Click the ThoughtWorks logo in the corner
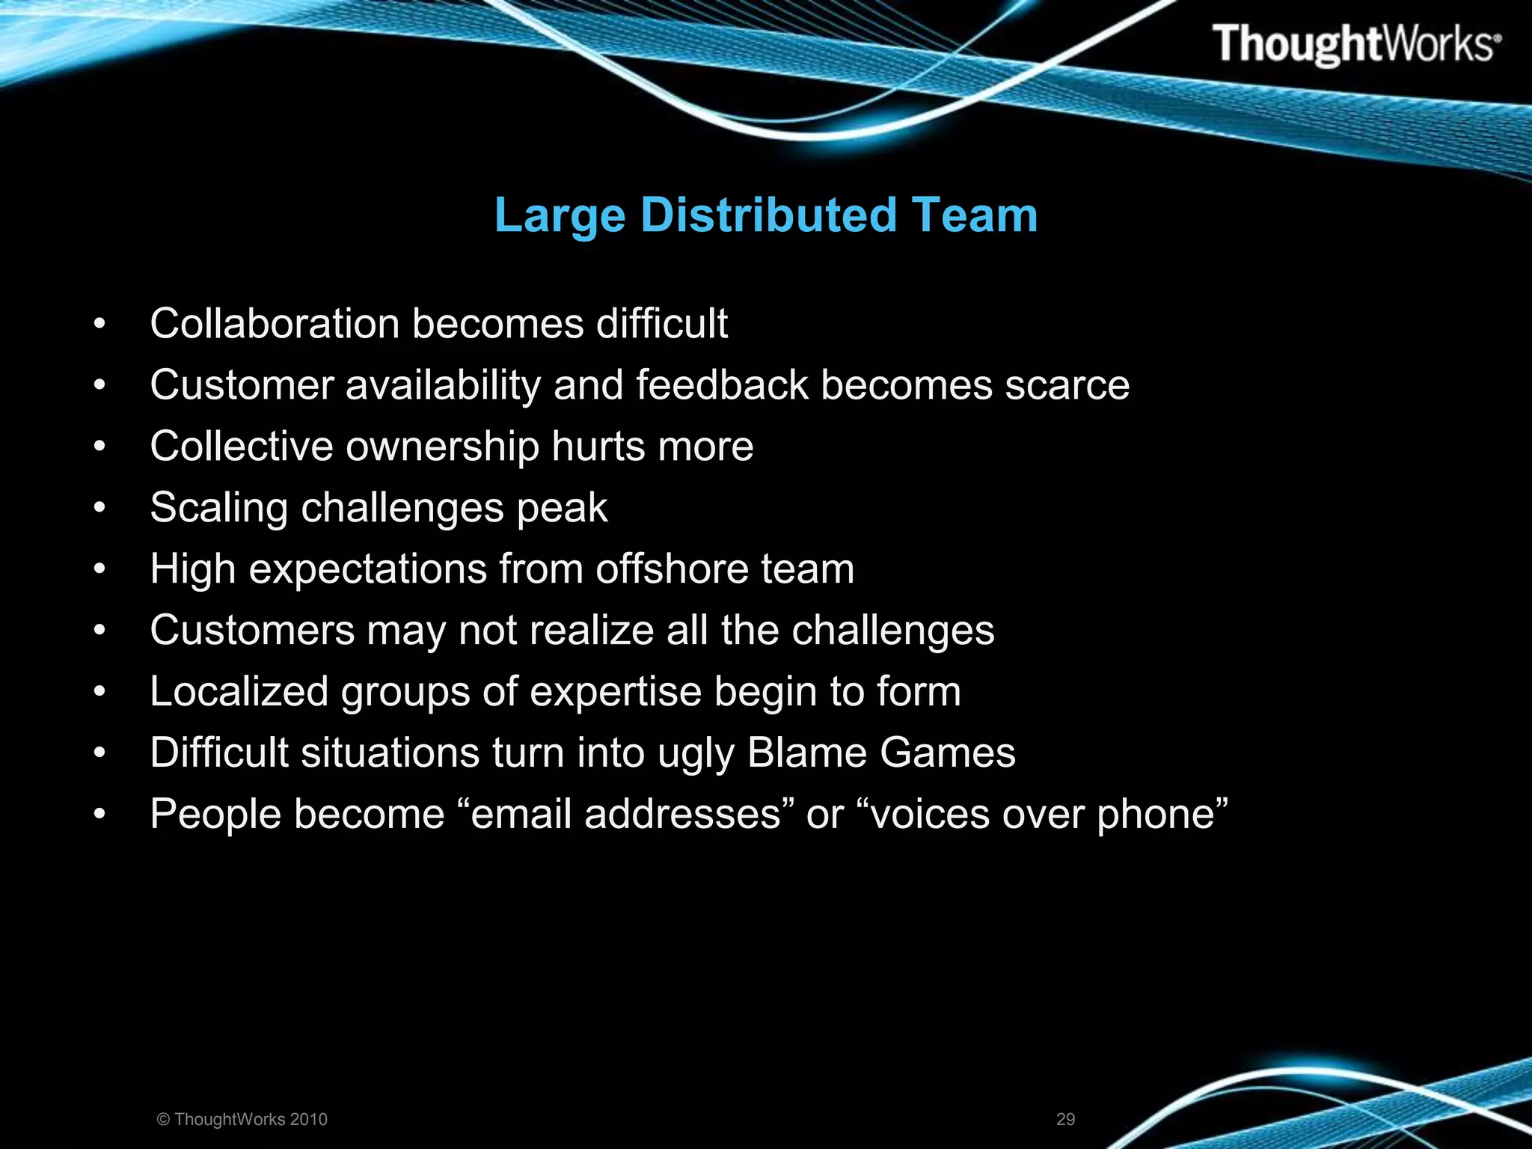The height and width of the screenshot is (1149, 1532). tap(1355, 43)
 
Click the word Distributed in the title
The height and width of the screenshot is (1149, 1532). tap(768, 215)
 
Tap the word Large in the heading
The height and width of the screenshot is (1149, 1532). tap(560, 215)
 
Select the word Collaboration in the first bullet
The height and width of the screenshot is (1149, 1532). tap(275, 324)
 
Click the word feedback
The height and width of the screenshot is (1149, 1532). tap(722, 385)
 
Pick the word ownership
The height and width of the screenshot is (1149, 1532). tap(442, 447)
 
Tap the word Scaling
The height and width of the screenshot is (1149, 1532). tap(218, 508)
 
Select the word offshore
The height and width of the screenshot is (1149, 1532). tap(672, 569)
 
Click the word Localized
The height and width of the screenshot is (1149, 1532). tap(239, 692)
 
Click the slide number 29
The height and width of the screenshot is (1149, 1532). tap(1065, 1119)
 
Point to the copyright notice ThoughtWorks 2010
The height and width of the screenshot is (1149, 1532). tap(242, 1119)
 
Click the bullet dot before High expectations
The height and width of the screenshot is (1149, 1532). tap(99, 570)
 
